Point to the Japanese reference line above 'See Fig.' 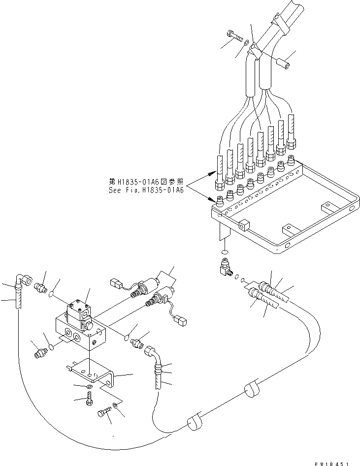[x=146, y=181]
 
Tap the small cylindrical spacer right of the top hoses [x=283, y=63]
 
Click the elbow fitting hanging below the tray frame [x=226, y=269]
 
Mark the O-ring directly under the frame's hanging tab [x=225, y=252]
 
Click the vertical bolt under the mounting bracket [x=89, y=401]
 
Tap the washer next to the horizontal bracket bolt [x=114, y=405]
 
